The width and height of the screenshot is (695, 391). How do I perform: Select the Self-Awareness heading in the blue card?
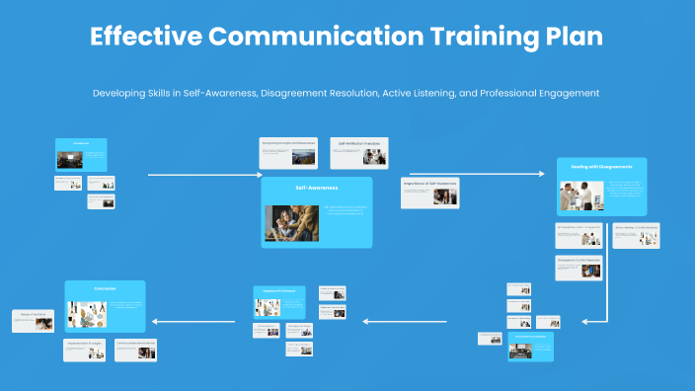coord(316,187)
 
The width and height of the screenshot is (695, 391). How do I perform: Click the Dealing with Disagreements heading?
coord(601,167)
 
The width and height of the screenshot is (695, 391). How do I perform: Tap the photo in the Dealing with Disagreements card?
coord(582,196)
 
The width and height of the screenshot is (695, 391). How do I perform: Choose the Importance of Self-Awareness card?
coord(429,193)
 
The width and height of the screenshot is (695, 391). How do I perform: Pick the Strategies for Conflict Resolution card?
coord(579,266)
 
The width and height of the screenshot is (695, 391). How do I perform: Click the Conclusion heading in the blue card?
coord(105,288)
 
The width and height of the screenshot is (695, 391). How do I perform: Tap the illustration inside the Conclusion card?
coord(87,315)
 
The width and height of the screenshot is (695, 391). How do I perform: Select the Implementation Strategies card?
coord(85,350)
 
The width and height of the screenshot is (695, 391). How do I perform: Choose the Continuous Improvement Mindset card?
coord(135,350)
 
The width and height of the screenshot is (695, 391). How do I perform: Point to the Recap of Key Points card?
coord(33,320)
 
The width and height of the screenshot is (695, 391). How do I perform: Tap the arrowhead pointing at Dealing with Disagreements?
coord(540,175)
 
